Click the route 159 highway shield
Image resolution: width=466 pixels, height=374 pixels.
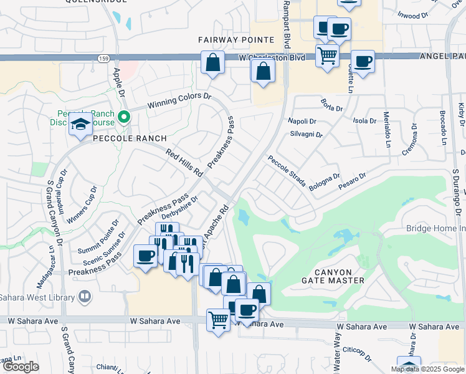pyautogui.click(x=103, y=58)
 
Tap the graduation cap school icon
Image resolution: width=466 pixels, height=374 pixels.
pyautogui.click(x=80, y=125)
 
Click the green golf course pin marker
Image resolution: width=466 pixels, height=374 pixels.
pyautogui.click(x=124, y=116)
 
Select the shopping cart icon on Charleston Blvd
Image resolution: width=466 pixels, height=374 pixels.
pyautogui.click(x=327, y=56)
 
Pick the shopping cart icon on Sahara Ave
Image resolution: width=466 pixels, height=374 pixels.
pyautogui.click(x=218, y=320)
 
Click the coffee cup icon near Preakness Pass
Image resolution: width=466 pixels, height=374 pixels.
pyautogui.click(x=146, y=256)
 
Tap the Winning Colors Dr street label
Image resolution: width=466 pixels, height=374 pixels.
pyautogui.click(x=179, y=101)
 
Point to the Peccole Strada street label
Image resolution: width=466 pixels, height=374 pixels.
pyautogui.click(x=287, y=171)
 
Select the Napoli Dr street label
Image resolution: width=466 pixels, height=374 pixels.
pyautogui.click(x=302, y=121)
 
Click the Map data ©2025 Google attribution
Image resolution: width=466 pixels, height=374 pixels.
pyautogui.click(x=427, y=369)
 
